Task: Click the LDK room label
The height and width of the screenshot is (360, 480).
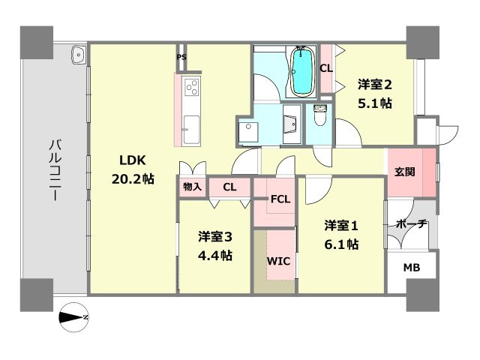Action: tap(135, 160)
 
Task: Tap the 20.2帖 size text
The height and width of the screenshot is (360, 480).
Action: tap(134, 180)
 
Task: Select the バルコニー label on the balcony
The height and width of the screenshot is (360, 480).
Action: tap(55, 169)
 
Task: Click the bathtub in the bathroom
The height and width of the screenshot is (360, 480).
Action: tap(301, 72)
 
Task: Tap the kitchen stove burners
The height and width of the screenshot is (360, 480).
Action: tap(190, 88)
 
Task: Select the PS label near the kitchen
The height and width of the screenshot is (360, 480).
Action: tap(181, 57)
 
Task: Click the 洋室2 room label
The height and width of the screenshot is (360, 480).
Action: tap(373, 85)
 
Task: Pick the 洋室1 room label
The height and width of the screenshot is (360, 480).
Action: tap(341, 225)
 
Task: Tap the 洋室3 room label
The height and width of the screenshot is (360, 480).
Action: tap(215, 237)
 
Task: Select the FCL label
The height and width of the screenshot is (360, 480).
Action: tap(280, 199)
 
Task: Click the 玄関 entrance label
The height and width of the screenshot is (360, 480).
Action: tap(405, 171)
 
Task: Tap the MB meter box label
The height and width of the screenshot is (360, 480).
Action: tap(412, 268)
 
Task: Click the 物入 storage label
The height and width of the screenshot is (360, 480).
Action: tap(192, 186)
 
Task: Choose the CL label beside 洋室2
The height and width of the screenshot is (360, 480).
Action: tap(325, 68)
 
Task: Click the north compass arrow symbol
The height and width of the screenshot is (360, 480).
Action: tap(74, 316)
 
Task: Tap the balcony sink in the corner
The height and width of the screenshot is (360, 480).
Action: tap(79, 54)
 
